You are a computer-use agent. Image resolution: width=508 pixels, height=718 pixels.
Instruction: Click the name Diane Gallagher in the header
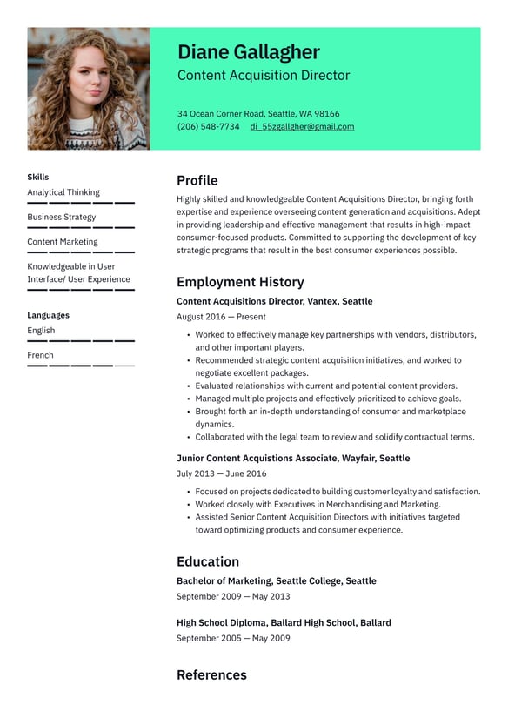coord(248,52)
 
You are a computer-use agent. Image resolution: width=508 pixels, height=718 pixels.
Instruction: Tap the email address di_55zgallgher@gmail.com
coord(302,126)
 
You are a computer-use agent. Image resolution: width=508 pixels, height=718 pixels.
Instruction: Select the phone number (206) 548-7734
coord(209,126)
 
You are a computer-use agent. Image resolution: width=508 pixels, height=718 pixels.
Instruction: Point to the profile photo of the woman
coord(88,88)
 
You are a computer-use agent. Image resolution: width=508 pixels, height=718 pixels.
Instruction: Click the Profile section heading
coord(197,180)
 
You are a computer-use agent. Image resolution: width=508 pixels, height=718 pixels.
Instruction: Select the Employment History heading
coord(240,282)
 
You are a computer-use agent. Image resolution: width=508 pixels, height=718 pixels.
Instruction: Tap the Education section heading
coord(208,561)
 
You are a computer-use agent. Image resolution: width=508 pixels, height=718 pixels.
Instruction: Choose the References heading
coord(211,674)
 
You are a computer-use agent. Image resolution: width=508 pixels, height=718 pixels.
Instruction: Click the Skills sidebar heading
coord(38,177)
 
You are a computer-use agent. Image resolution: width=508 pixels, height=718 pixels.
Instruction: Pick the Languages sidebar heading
coord(48,315)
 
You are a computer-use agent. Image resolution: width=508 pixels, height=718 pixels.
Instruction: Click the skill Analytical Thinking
coord(63,192)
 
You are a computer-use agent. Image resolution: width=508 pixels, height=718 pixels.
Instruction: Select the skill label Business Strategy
coord(62,217)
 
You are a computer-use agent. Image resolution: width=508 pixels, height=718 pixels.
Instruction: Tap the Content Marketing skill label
coord(63,242)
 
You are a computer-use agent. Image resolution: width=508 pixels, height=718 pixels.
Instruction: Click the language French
coord(40,355)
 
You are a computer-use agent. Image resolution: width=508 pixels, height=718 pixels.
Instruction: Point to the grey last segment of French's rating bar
coord(124,366)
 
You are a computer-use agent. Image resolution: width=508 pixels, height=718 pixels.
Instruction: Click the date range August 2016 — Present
coord(221,317)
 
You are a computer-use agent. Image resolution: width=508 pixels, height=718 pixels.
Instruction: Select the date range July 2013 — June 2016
coord(221,473)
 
